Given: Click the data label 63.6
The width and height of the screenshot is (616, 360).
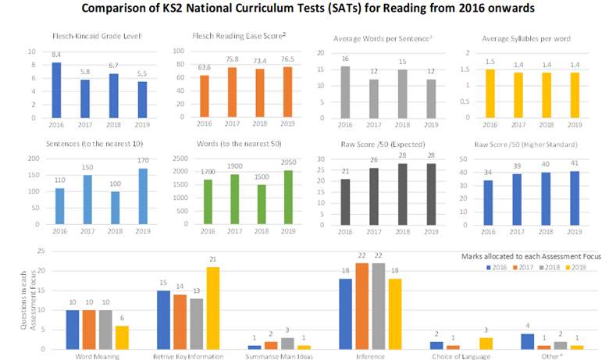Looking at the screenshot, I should pos(205,68).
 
